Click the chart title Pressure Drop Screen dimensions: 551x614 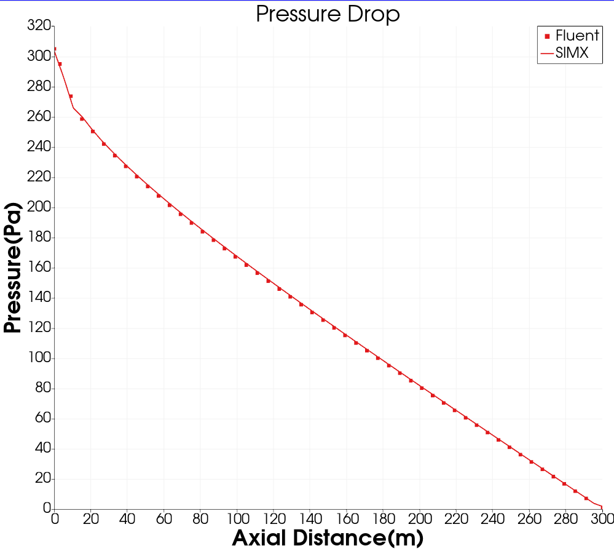pyautogui.click(x=328, y=14)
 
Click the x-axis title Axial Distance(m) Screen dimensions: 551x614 pyautogui.click(x=328, y=538)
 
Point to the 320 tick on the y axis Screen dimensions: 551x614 pyautogui.click(x=38, y=26)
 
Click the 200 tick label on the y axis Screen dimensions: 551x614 pyautogui.click(x=38, y=207)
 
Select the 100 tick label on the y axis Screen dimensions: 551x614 pyautogui.click(x=38, y=358)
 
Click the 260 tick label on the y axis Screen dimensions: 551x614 pyautogui.click(x=38, y=117)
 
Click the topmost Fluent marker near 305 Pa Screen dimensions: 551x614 pyautogui.click(x=55, y=49)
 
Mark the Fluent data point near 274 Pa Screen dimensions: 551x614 pyautogui.click(x=71, y=96)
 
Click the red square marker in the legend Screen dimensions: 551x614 pyautogui.click(x=547, y=36)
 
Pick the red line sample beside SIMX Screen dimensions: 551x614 pyautogui.click(x=546, y=54)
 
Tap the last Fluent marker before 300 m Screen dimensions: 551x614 pyautogui.click(x=586, y=498)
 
